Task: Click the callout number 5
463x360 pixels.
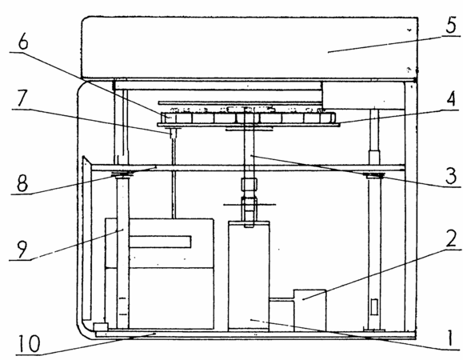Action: (x=450, y=26)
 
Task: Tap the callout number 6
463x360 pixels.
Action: (x=23, y=42)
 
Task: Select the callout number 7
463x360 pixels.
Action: (x=22, y=98)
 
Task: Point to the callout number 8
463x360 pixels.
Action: (x=22, y=182)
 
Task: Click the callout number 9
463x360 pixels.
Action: (x=22, y=249)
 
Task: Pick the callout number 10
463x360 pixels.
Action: (x=29, y=343)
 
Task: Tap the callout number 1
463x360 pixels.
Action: (x=449, y=338)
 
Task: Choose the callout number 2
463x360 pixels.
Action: (x=451, y=239)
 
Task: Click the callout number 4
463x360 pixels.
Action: (x=450, y=99)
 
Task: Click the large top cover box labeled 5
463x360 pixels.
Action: (x=249, y=48)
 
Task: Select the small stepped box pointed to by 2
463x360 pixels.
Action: (x=309, y=310)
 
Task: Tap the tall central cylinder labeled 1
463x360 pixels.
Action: (x=249, y=276)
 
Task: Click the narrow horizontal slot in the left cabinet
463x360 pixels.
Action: (x=160, y=242)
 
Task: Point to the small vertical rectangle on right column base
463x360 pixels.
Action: (x=374, y=307)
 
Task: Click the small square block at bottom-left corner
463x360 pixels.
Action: (x=101, y=327)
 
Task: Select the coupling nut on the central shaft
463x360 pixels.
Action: (x=249, y=184)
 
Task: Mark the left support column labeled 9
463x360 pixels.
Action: (x=123, y=252)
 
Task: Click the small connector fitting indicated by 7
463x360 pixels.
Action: (x=173, y=134)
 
